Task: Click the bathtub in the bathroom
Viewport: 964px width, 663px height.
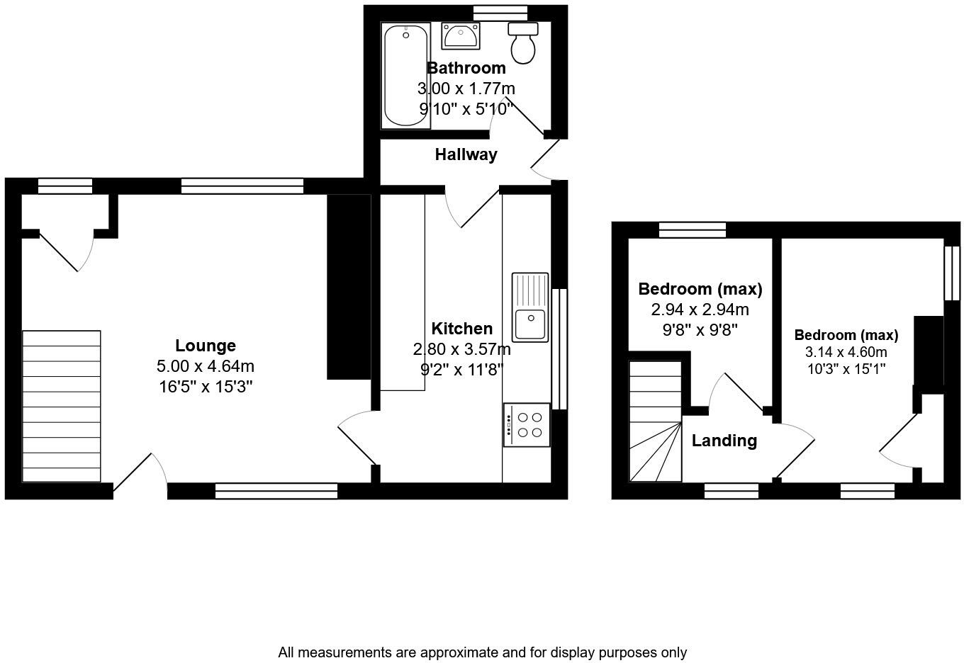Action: click(x=405, y=76)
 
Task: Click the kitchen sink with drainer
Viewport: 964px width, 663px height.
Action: click(x=530, y=307)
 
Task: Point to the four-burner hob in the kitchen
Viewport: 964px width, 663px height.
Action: click(x=527, y=425)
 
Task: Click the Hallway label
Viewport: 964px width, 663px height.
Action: click(x=466, y=154)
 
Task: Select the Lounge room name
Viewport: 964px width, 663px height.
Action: click(x=206, y=346)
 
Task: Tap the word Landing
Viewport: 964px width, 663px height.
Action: click(x=724, y=441)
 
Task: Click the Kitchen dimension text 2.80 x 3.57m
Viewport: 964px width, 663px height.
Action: click(x=461, y=349)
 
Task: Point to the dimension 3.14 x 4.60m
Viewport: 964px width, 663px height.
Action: click(x=846, y=352)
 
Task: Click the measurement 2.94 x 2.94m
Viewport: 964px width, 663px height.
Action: click(x=700, y=310)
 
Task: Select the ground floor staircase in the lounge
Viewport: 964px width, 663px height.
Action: click(x=62, y=406)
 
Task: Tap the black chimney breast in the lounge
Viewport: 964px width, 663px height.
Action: click(x=348, y=286)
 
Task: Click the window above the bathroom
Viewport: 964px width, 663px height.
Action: click(x=500, y=12)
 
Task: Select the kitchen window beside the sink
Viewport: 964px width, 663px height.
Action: click(x=559, y=348)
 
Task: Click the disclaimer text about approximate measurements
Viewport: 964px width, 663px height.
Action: click(x=482, y=652)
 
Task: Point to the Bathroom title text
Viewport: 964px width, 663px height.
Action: click(x=466, y=68)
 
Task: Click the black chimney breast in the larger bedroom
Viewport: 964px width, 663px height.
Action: click(x=929, y=351)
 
